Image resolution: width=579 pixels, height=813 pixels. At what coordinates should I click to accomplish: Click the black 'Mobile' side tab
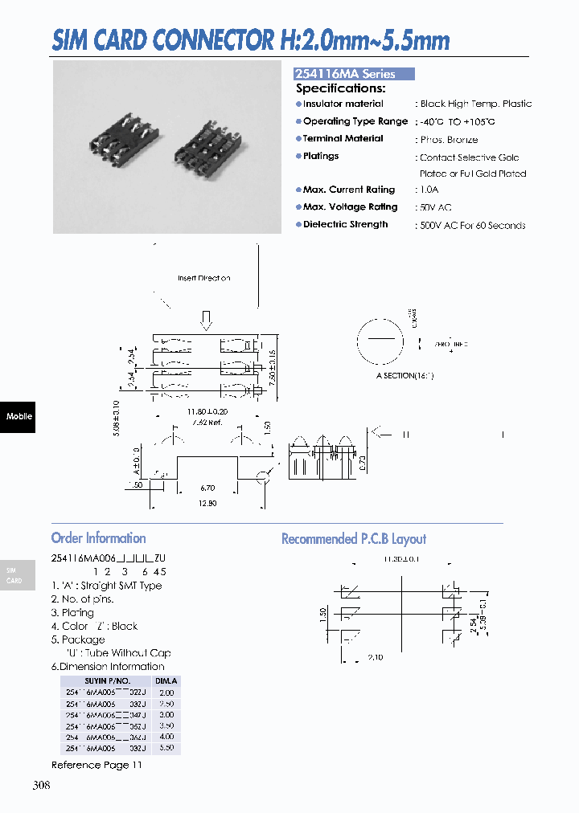pos(18,416)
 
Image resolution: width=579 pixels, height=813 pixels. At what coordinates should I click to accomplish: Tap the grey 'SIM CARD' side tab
pos(16,575)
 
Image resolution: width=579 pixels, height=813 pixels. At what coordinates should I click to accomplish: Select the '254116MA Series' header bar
pos(354,73)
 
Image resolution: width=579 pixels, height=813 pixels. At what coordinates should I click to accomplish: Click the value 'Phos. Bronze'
pos(449,140)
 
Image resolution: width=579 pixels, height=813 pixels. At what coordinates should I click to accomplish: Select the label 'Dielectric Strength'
pos(345,225)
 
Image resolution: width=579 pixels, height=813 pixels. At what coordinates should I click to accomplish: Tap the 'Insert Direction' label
pos(203,278)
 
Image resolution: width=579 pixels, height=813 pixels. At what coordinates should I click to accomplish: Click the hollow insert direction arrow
pos(206,320)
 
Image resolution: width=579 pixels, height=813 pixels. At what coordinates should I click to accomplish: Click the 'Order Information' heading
pos(98,538)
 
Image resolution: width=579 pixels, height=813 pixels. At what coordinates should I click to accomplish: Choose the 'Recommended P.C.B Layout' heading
pos(354,539)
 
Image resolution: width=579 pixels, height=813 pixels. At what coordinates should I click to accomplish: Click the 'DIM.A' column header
pos(166,680)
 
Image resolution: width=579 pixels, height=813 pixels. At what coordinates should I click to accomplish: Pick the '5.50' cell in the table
pos(166,747)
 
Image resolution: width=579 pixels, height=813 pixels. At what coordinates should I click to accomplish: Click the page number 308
pos(41,785)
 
